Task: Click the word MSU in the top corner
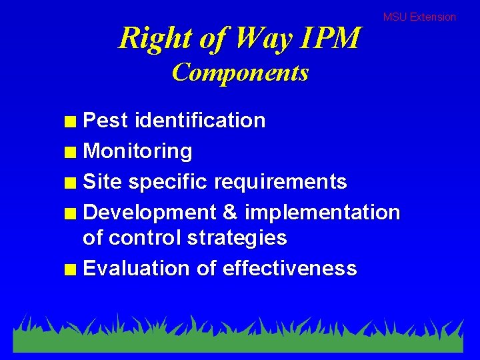(395, 17)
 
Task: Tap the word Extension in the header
(433, 17)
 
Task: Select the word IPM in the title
(330, 38)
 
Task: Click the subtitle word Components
(240, 72)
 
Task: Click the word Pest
(106, 121)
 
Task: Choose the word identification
(200, 121)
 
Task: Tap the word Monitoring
(138, 151)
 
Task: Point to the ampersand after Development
(230, 213)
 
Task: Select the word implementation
(323, 213)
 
